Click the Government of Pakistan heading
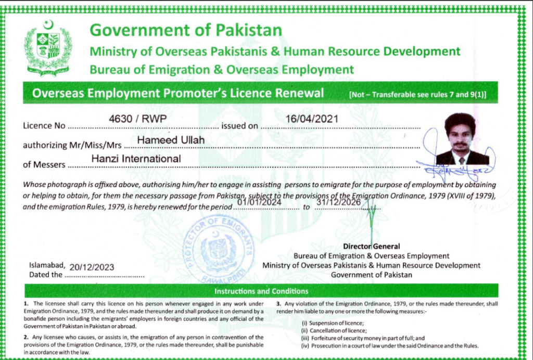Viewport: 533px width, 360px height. [186, 31]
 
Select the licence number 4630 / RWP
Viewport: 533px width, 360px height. [137, 119]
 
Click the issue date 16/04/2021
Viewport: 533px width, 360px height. [312, 119]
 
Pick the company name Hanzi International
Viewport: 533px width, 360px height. [136, 159]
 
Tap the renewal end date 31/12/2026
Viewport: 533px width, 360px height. [344, 201]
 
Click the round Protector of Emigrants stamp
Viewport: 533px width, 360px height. [221, 249]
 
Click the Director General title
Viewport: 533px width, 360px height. [371, 246]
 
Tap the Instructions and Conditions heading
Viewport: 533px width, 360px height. [261, 291]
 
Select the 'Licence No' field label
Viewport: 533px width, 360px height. [45, 126]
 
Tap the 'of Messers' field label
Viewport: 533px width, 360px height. [44, 164]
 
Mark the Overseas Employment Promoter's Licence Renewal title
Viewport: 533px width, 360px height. [178, 93]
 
